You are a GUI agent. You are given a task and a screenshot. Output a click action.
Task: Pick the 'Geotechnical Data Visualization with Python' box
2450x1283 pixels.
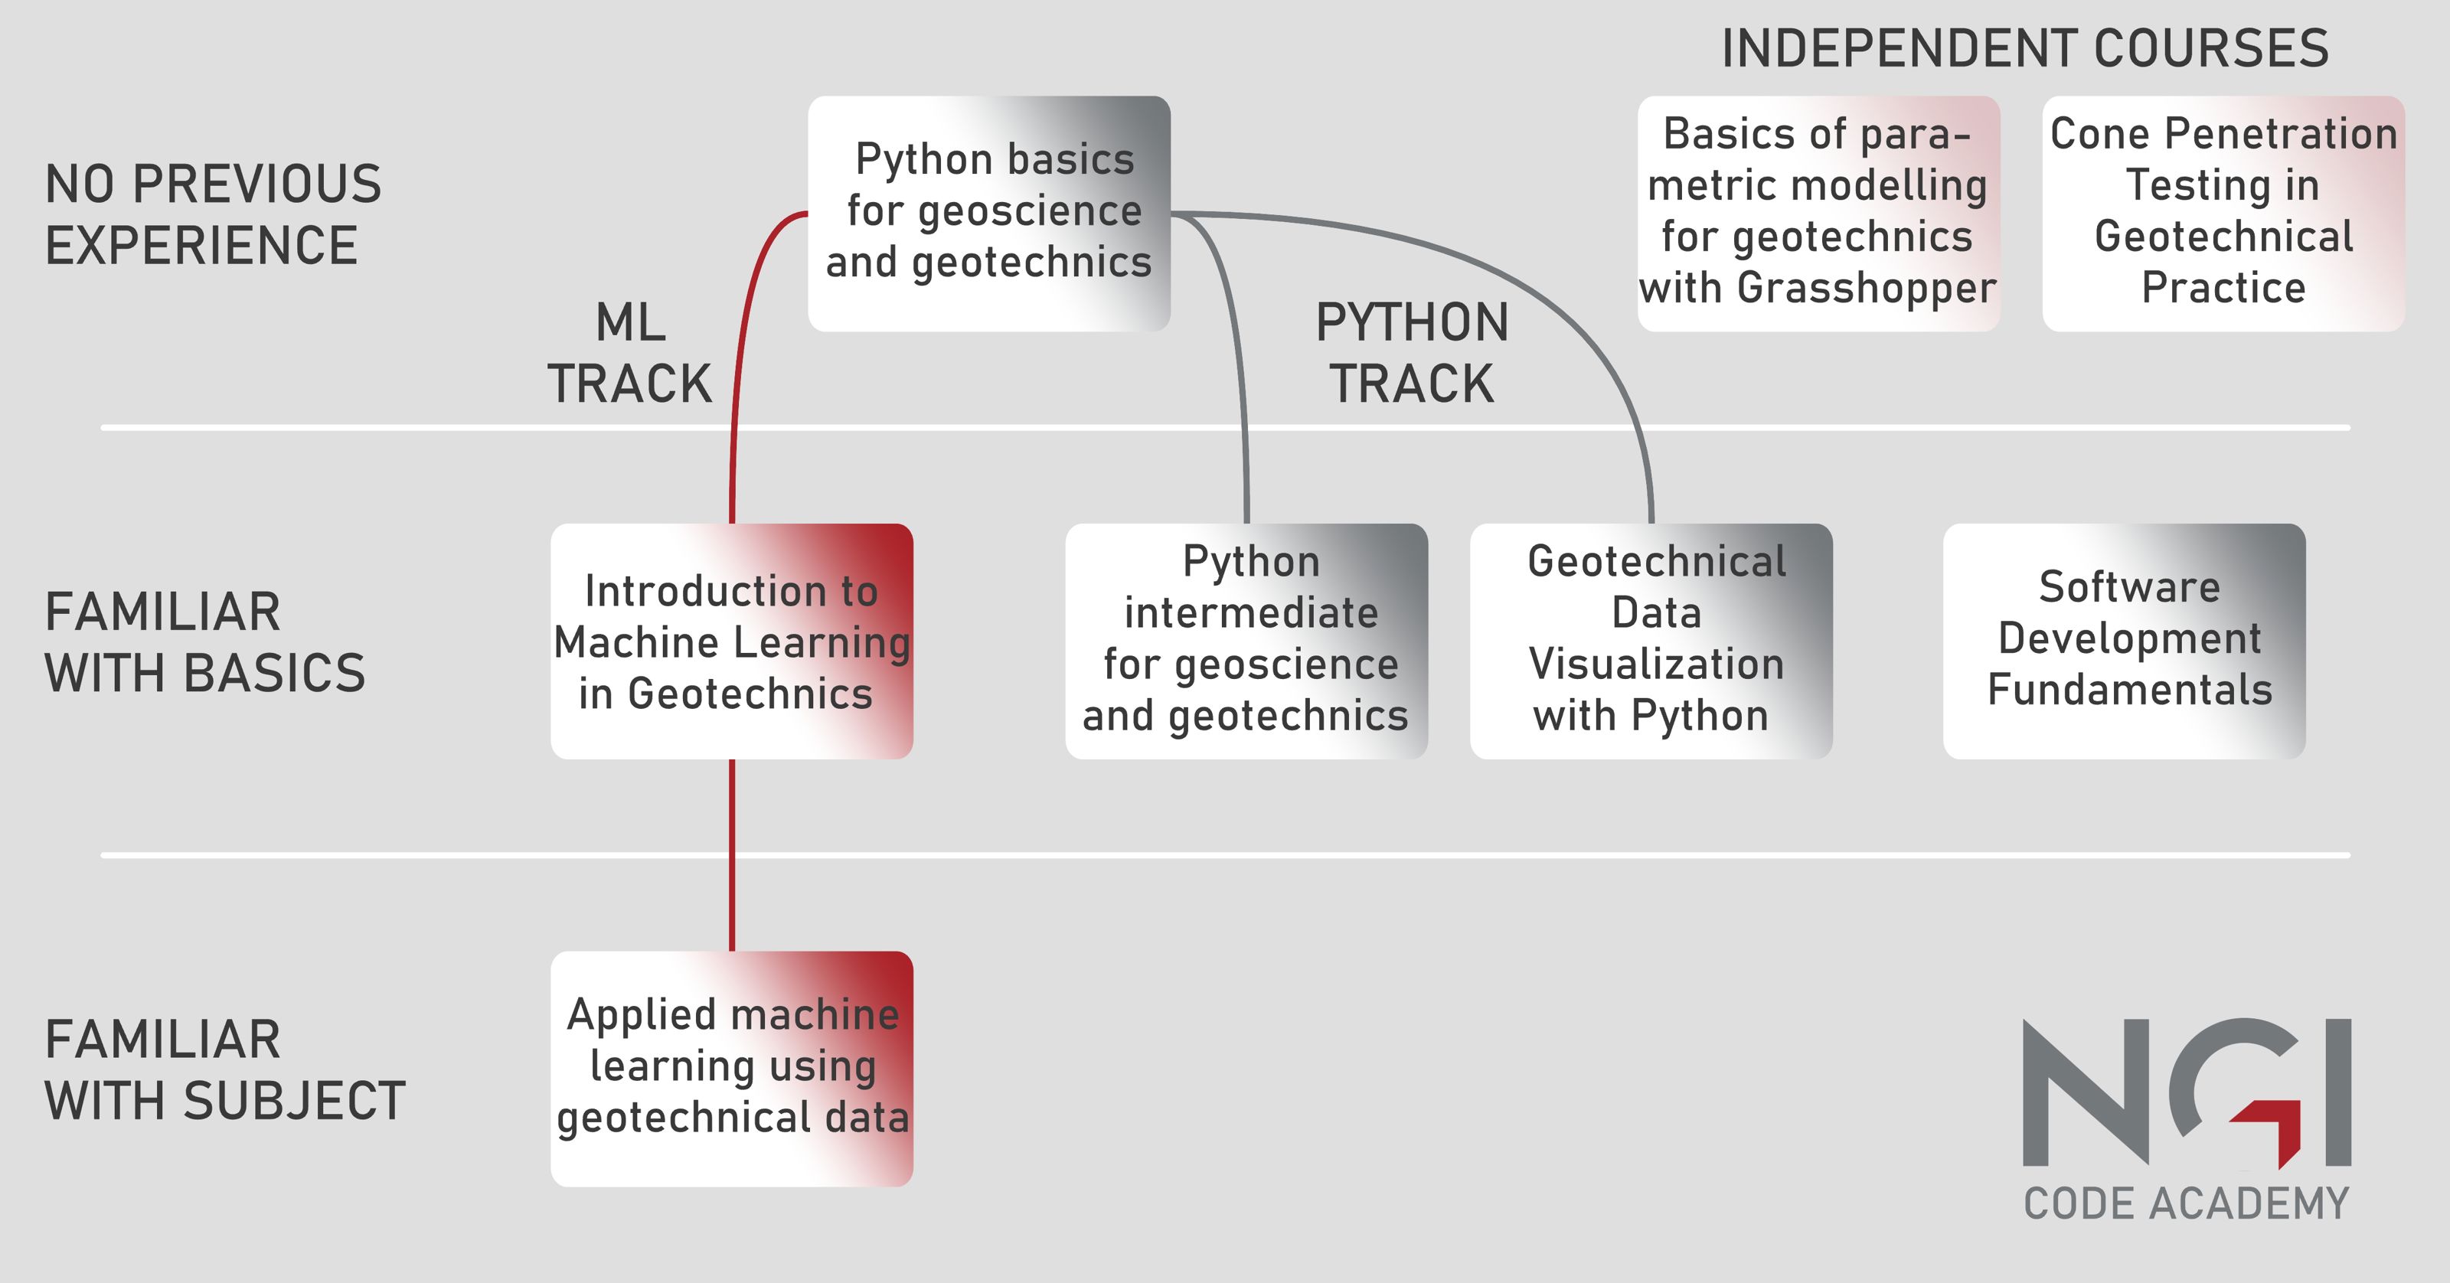[1651, 641]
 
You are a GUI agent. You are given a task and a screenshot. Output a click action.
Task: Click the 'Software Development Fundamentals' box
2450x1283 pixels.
[2124, 641]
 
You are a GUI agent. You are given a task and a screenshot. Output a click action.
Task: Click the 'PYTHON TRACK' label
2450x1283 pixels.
[1413, 353]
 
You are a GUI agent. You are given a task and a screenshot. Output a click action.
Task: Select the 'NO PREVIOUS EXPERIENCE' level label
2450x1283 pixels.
[213, 214]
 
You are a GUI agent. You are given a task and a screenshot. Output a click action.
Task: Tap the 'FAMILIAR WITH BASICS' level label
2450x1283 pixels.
[204, 642]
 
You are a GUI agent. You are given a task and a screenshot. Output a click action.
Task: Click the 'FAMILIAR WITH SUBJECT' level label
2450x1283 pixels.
[224, 1070]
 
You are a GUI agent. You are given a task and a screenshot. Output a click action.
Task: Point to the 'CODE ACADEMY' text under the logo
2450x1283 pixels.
[2187, 1204]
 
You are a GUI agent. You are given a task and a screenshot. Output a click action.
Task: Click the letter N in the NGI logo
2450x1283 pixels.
[2086, 1092]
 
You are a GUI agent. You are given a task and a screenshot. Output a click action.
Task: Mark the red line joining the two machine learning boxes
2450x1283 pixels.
[731, 855]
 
